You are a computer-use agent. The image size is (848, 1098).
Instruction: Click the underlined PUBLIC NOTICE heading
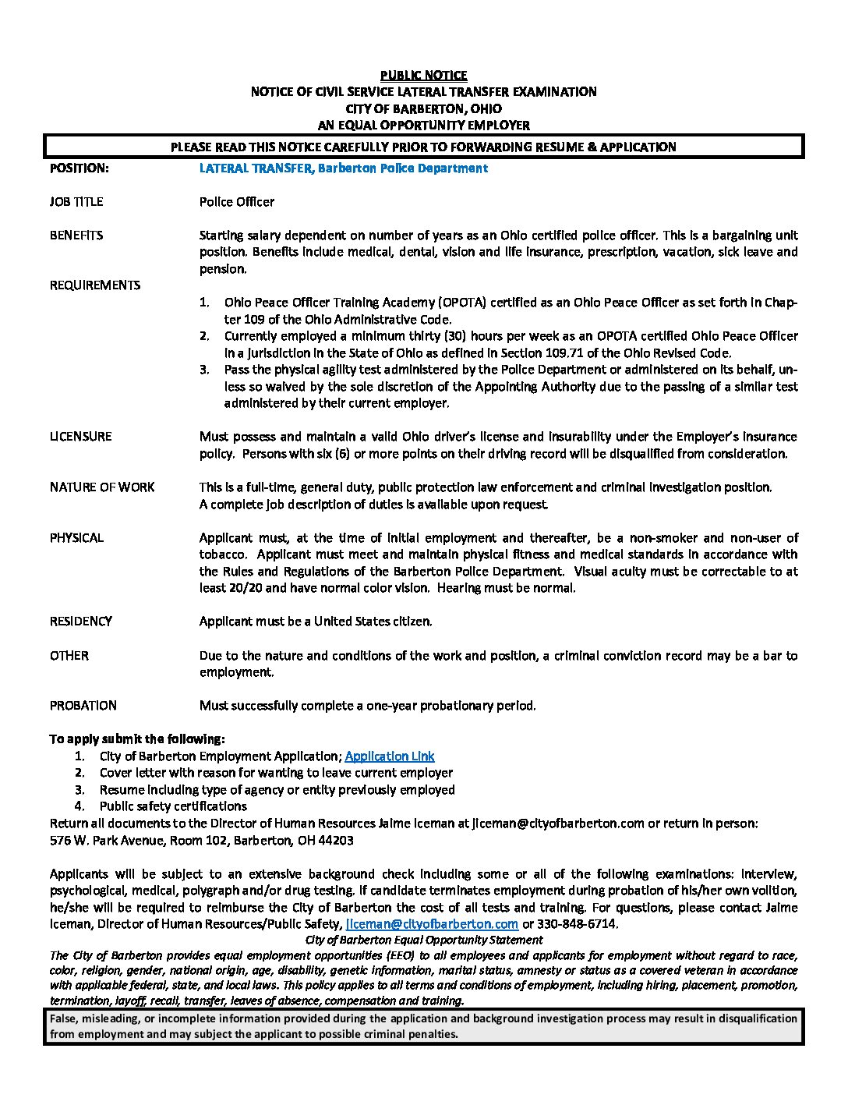pos(423,75)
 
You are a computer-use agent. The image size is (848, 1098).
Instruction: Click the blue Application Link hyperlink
pos(389,756)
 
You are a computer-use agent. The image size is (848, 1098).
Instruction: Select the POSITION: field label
pos(79,168)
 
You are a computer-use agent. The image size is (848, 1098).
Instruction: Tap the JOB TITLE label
pos(76,201)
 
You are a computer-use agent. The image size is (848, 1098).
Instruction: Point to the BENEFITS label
pos(76,235)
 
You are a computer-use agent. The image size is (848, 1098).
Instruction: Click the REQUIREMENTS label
pos(95,285)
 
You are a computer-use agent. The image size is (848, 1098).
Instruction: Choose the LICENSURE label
pos(81,436)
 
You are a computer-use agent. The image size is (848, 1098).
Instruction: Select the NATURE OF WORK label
pos(102,487)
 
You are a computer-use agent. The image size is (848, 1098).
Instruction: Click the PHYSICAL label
pos(76,537)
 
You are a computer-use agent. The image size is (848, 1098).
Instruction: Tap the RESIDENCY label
pos(81,621)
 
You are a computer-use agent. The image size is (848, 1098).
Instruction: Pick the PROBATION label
pos(83,705)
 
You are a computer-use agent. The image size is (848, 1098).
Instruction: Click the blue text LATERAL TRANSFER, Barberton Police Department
pos(343,168)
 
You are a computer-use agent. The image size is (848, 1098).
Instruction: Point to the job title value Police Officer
pos(237,201)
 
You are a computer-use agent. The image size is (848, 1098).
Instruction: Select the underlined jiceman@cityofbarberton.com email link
pos(432,924)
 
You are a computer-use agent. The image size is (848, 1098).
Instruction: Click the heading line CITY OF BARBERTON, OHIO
pos(423,108)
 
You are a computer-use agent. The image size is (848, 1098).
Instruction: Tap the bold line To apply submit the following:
pos(137,738)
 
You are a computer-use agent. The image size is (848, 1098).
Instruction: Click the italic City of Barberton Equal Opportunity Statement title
pos(424,940)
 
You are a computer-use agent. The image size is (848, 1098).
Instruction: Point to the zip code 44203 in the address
pos(337,841)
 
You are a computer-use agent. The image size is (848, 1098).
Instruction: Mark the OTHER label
pos(69,655)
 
